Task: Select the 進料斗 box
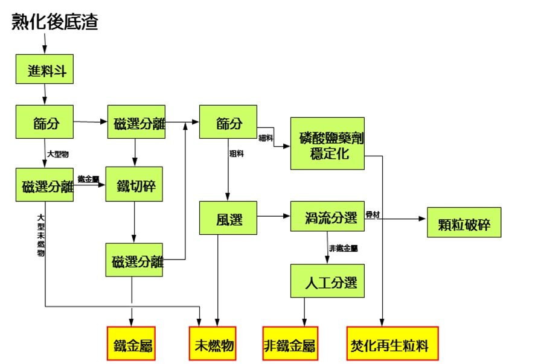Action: [44, 69]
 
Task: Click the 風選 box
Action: [228, 218]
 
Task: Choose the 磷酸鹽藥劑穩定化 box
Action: [327, 144]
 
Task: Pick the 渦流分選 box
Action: [327, 216]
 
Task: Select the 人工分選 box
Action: [327, 281]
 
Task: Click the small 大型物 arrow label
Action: [58, 155]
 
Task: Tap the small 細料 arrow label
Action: [266, 138]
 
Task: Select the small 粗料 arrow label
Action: [236, 155]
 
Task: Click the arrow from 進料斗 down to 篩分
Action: [44, 94]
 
